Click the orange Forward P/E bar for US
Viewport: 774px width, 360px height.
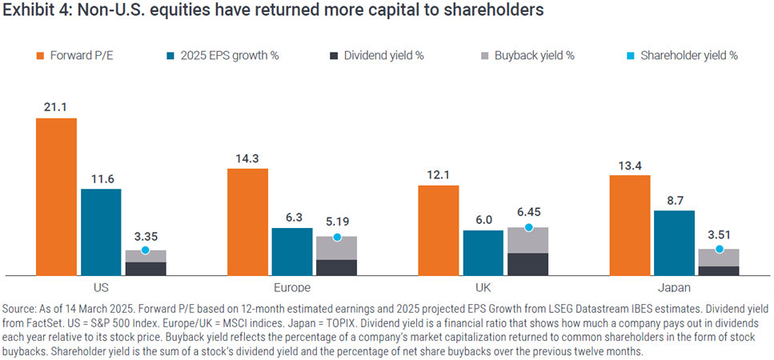56,197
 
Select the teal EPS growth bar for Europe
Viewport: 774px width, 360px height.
292,251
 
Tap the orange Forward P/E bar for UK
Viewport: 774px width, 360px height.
439,230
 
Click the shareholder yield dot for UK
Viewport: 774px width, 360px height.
528,228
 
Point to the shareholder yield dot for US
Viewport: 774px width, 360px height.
145,250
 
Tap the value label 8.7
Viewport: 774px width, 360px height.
674,199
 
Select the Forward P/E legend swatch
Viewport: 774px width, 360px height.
42,55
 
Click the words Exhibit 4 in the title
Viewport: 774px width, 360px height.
33,11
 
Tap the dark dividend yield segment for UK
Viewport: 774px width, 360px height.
528,264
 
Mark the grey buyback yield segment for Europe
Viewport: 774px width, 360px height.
337,248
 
